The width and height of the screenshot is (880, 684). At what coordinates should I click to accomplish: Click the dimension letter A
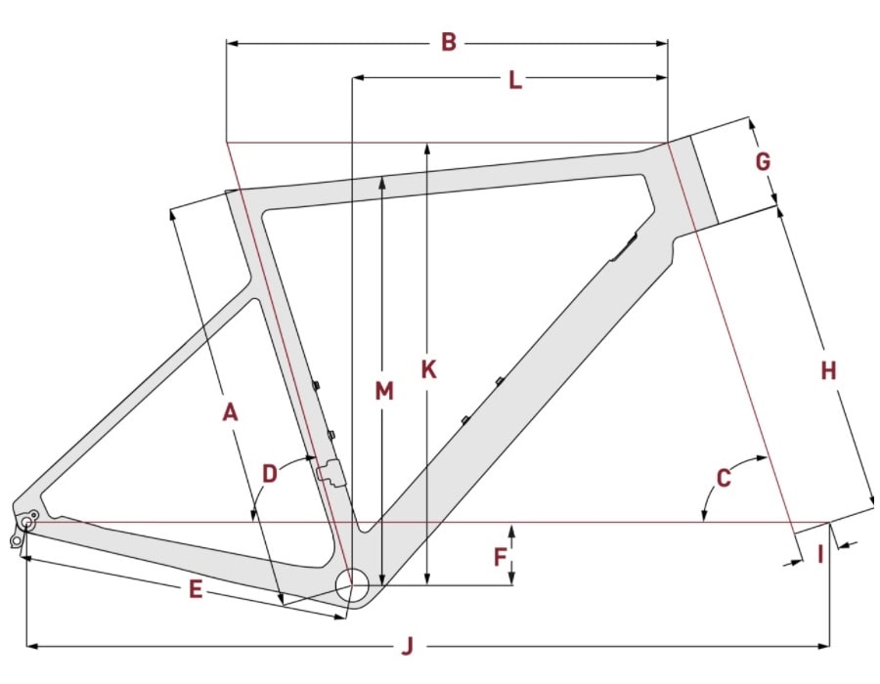click(x=230, y=412)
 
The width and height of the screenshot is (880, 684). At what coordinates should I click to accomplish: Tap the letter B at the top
click(x=449, y=43)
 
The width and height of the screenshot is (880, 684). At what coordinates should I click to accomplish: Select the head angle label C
click(x=724, y=478)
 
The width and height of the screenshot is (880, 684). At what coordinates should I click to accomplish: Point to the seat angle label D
click(x=270, y=474)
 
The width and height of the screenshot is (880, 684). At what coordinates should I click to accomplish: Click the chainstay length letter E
click(x=196, y=589)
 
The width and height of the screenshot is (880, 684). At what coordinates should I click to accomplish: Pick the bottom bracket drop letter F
click(x=500, y=557)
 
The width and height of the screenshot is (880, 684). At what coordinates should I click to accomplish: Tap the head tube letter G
click(x=763, y=162)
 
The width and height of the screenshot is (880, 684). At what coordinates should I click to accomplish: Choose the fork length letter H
click(x=828, y=370)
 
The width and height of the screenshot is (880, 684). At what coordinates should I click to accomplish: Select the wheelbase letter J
click(x=408, y=647)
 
